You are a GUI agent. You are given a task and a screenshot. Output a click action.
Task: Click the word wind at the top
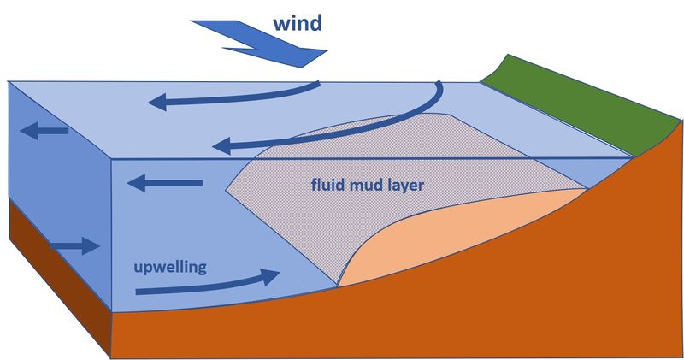click(x=298, y=21)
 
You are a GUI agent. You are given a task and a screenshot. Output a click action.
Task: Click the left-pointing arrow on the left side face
click(x=47, y=131)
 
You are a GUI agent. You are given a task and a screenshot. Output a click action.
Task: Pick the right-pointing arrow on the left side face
click(x=76, y=246)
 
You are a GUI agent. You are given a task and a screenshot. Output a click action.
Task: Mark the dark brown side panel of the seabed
click(x=60, y=282)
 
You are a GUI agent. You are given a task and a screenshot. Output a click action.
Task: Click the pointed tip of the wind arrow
click(x=325, y=56)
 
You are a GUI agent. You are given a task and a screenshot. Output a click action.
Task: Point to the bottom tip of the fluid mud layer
click(x=339, y=283)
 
